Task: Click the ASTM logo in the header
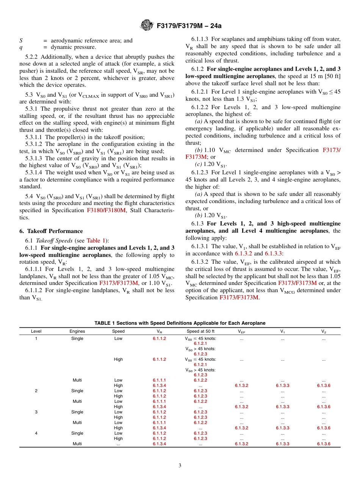point(146,25)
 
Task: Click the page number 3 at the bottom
point(180,466)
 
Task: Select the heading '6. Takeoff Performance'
point(51,231)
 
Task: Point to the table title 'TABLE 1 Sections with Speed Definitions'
point(180,323)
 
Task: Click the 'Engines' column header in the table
point(77,331)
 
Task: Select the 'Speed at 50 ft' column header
point(200,331)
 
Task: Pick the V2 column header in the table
point(323,331)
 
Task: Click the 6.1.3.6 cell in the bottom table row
point(323,444)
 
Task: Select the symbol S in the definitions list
point(21,41)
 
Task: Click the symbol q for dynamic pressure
point(21,47)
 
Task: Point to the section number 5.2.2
point(33,57)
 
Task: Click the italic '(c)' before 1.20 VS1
point(199,164)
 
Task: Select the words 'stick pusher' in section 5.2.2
point(167,64)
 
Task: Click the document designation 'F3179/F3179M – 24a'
point(187,26)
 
